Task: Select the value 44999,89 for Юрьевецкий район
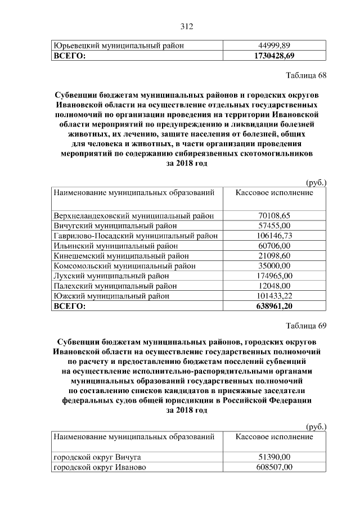(x=274, y=46)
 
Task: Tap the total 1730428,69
(x=274, y=56)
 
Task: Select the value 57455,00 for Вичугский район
(x=274, y=226)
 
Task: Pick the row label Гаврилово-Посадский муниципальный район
(x=135, y=236)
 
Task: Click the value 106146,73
(x=274, y=236)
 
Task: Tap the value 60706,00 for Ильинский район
(x=274, y=246)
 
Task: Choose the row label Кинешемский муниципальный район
(x=123, y=256)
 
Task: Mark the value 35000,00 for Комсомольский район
(x=274, y=266)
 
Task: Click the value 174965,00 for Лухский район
(x=274, y=276)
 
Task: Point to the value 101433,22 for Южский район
(x=274, y=296)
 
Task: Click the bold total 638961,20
(x=274, y=307)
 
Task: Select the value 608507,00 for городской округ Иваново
(x=274, y=467)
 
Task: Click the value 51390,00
(x=274, y=457)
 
